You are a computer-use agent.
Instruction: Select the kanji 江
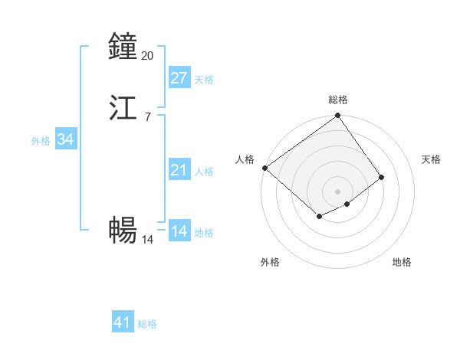point(123,108)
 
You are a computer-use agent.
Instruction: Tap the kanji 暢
point(123,229)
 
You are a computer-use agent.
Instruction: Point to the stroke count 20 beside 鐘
point(148,56)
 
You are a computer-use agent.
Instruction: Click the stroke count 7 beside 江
point(147,117)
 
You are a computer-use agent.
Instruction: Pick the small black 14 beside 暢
point(148,239)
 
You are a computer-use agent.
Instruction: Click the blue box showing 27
point(179,77)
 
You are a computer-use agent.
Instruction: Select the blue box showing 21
point(179,170)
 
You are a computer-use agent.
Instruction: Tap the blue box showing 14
point(179,231)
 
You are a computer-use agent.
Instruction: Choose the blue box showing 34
point(65,139)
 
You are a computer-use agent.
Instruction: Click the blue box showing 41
point(123,322)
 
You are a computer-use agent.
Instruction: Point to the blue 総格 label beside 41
point(147,324)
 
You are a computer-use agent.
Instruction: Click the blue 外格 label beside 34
point(41,141)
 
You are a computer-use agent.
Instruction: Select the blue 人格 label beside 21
point(205,172)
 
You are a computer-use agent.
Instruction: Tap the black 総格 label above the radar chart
point(338,100)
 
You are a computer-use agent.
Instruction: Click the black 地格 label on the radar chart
point(402,262)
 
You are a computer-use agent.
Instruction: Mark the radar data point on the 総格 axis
point(338,116)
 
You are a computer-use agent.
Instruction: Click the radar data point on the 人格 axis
point(264,168)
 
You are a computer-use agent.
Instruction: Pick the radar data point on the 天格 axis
point(381,177)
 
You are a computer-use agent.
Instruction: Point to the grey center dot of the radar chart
point(338,191)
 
